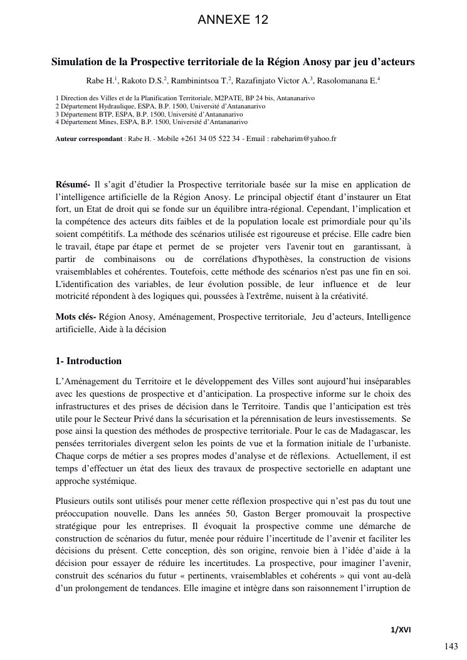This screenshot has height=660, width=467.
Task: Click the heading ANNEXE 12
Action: point(233,20)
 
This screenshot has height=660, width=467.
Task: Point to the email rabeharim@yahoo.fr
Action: point(303,138)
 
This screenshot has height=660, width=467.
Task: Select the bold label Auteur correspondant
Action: point(88,138)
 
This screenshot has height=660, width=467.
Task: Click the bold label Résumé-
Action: point(73,185)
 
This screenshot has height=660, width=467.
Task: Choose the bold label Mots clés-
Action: point(75,317)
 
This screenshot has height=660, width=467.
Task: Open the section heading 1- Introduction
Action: point(88,362)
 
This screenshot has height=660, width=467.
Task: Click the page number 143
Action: point(451,646)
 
